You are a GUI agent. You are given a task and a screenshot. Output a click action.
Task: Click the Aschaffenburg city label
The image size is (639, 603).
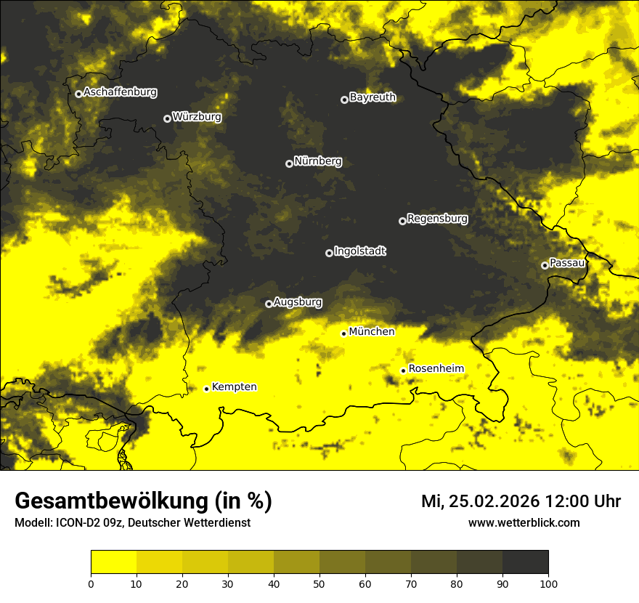point(120,92)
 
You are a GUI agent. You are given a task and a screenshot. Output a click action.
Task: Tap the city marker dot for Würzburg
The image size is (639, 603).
point(167,118)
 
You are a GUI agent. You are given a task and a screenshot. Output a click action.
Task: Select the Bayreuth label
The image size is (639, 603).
point(373,97)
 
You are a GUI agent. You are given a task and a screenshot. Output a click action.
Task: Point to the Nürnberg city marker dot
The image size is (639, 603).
point(289,163)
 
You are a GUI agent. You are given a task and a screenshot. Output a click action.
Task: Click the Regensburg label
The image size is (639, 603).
point(437,219)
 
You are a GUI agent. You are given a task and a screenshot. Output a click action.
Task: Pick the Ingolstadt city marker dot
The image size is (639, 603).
point(329,253)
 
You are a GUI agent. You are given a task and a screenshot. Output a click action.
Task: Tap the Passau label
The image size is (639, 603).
point(567,263)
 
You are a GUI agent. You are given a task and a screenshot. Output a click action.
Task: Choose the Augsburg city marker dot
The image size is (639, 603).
point(269,304)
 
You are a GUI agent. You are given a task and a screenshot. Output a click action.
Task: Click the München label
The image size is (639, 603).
point(372,332)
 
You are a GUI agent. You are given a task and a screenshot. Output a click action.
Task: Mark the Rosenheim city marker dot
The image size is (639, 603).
point(403,371)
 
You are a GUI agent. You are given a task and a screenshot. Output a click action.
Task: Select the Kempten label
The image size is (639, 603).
point(234,387)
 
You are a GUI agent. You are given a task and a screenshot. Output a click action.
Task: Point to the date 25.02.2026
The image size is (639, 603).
point(494,501)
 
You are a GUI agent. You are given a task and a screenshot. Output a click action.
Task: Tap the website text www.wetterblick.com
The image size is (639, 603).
point(524,522)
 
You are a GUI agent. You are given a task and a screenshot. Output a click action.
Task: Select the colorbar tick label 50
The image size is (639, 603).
point(319,583)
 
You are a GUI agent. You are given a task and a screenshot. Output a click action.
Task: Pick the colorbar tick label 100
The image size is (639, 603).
point(548,583)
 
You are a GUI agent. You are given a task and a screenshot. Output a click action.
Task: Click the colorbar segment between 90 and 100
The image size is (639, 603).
point(525,562)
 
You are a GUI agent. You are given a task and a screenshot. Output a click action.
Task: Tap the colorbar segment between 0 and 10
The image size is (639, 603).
point(113,562)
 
